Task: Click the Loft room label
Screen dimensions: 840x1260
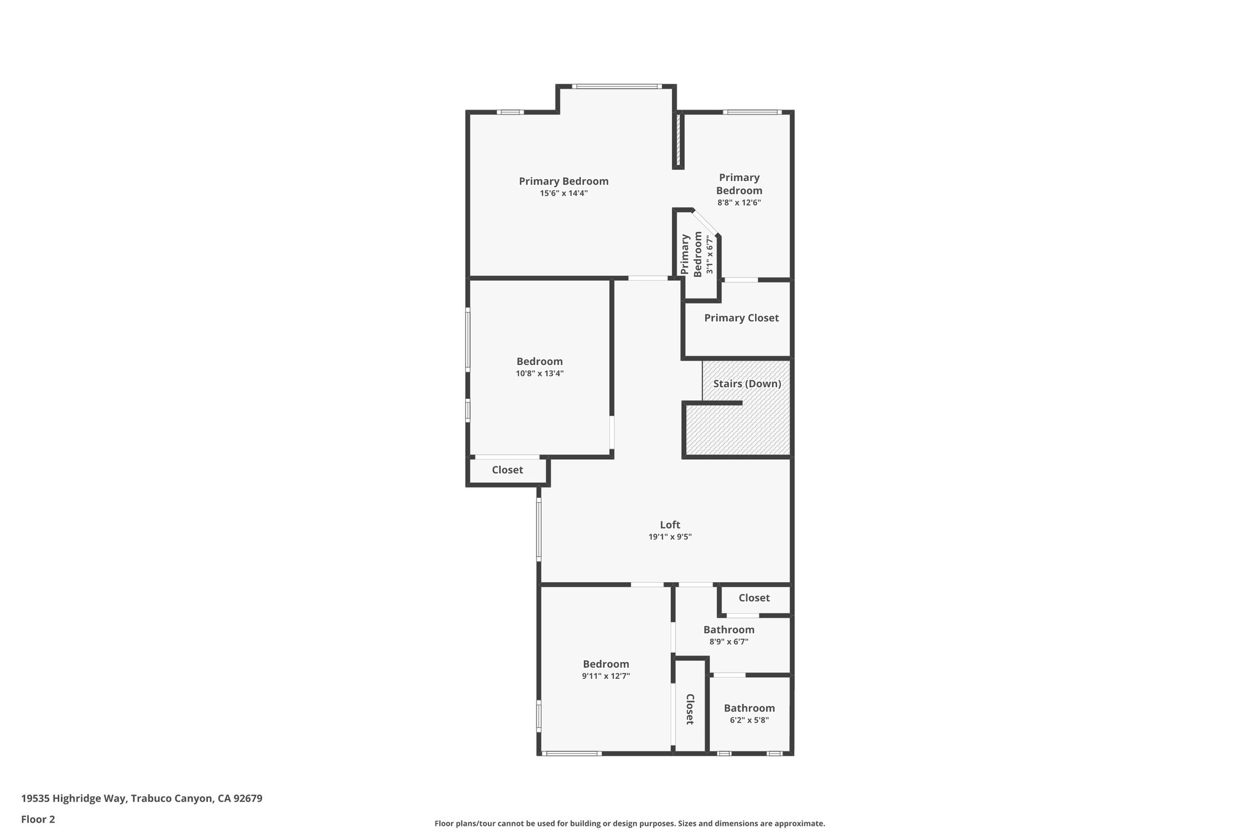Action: tap(669, 525)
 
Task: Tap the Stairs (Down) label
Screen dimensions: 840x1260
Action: tap(747, 384)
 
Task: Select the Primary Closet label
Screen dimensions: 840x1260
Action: tap(741, 318)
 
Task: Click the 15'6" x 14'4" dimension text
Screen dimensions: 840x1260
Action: tap(564, 193)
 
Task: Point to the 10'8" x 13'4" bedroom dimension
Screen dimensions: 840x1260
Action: tap(539, 374)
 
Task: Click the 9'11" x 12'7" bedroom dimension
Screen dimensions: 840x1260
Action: tap(605, 676)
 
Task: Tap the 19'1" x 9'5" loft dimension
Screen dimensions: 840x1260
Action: tap(669, 537)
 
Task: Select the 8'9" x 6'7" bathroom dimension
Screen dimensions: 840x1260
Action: tap(728, 642)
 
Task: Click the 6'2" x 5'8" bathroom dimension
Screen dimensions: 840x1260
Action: tap(749, 721)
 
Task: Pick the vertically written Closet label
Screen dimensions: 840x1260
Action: tap(690, 709)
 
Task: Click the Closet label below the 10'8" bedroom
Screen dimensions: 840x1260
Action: tap(507, 470)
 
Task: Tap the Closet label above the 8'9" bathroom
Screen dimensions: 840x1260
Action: tap(754, 598)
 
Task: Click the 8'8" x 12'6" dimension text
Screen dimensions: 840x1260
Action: tap(738, 202)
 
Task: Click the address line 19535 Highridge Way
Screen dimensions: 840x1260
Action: tap(142, 799)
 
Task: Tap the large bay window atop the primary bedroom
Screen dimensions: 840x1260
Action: tap(616, 87)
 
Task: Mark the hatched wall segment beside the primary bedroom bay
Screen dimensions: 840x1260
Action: tap(679, 140)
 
